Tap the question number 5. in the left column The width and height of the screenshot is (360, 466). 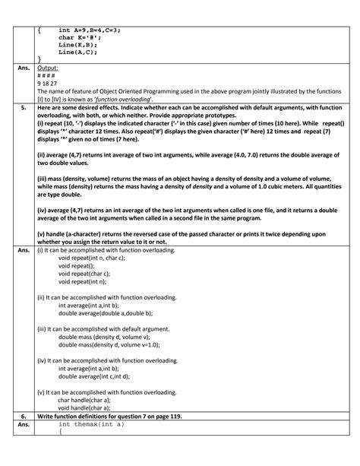[x=24, y=109]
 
